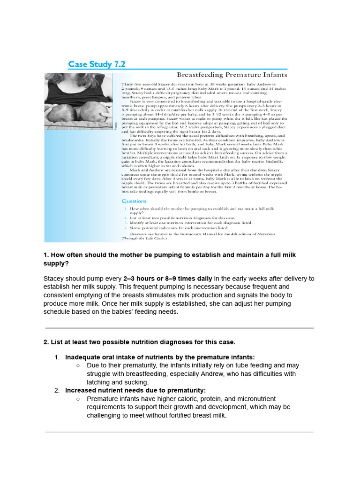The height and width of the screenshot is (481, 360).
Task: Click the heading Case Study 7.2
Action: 97,64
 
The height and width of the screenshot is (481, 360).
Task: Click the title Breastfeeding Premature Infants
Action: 232,75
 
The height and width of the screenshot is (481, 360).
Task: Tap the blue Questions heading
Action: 134,201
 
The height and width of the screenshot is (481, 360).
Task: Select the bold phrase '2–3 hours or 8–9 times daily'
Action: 167,278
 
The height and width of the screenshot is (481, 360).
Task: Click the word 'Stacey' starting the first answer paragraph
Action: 54,278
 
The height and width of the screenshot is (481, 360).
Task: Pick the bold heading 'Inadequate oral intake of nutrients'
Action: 160,357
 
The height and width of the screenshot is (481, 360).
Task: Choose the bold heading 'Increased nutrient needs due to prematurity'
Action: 135,390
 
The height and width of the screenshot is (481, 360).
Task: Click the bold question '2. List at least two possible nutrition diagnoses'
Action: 139,341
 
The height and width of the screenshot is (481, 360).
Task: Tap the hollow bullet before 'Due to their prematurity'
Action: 78,365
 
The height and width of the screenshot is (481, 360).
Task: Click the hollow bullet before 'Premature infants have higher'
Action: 78,399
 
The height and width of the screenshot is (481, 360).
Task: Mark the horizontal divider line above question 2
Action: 179,328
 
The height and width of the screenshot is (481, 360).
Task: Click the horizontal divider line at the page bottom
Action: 179,432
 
